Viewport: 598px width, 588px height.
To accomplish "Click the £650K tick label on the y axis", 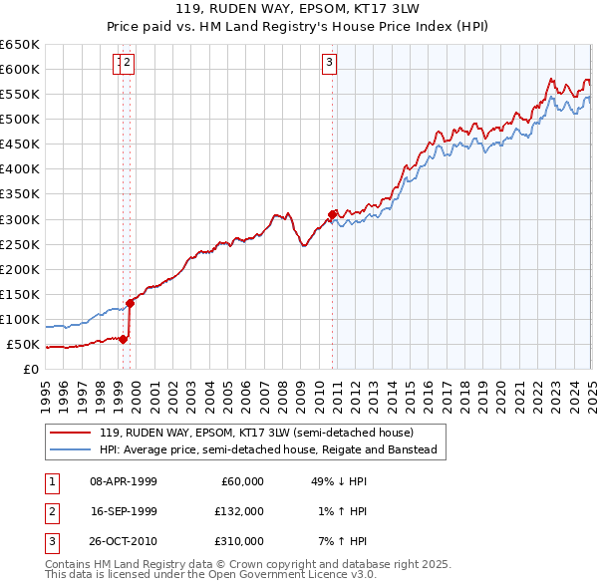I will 20,45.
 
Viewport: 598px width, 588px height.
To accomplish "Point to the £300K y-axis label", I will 20,219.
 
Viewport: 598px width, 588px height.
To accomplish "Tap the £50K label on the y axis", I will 24,345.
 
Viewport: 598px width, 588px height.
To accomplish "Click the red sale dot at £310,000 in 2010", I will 332,213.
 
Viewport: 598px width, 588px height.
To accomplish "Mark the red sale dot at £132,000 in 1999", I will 130,303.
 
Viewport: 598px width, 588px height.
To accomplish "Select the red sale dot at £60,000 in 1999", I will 123,339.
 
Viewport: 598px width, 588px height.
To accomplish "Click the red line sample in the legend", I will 70,433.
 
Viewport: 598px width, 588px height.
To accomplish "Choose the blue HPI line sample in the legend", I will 70,449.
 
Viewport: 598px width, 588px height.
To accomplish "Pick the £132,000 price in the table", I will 239,511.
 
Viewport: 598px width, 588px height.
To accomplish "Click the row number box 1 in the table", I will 50,481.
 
